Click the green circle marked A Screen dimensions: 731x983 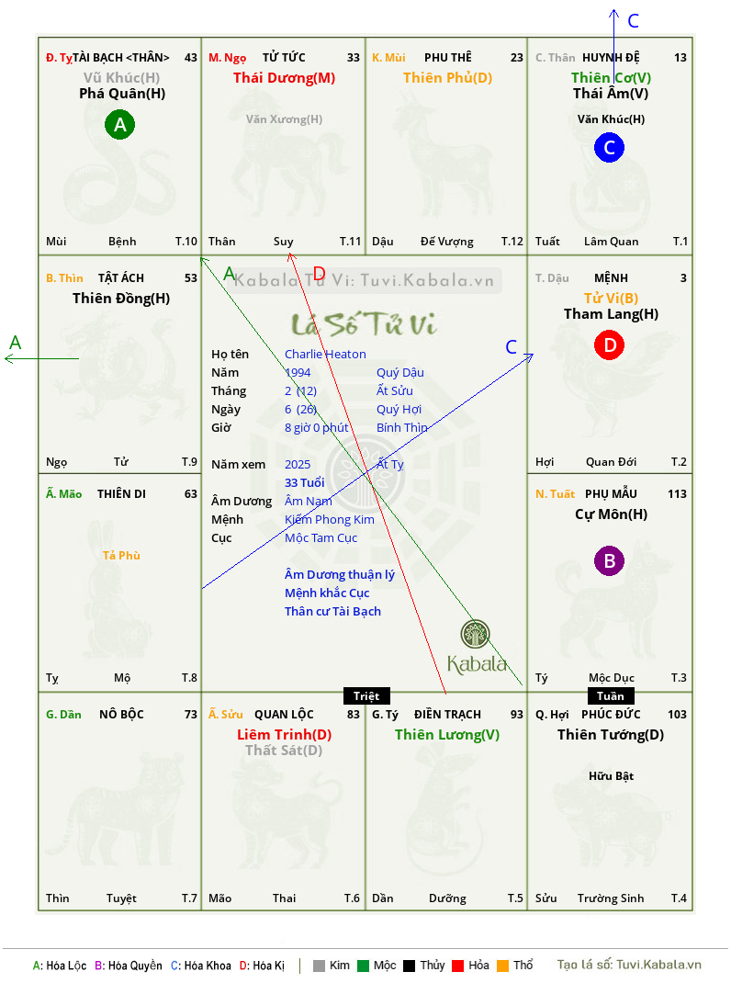119,124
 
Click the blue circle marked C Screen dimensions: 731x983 609,147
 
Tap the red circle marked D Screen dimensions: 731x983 610,345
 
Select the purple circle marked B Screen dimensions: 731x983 610,560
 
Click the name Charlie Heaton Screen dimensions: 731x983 325,355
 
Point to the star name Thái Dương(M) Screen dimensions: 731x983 284,78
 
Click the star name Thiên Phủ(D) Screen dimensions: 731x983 447,78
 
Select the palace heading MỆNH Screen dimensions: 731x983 612,277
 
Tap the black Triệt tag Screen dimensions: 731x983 366,695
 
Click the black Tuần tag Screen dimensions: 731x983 611,695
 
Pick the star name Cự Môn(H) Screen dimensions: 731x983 612,514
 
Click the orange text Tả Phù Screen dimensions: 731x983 121,556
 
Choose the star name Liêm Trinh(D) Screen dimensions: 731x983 284,735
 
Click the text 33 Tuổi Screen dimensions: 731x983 305,482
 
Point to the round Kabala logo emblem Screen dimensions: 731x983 475,634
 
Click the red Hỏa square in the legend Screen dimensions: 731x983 457,966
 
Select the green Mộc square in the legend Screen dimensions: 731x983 363,966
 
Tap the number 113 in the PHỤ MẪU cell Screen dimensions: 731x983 677,494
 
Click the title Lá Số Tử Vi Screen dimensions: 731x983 365,324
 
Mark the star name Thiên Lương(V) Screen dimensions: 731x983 447,735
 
